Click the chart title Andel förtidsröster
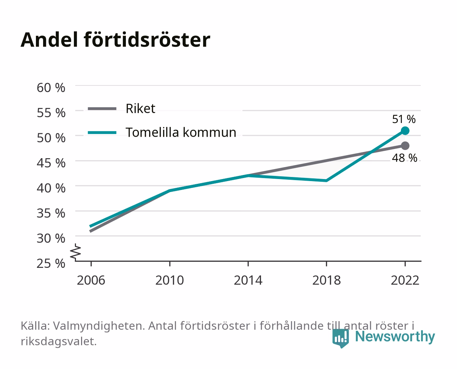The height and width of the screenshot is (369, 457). (x=115, y=40)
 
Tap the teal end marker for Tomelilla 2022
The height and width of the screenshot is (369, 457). (x=405, y=131)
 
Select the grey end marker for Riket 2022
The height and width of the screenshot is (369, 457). (x=405, y=146)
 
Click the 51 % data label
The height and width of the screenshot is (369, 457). (x=404, y=119)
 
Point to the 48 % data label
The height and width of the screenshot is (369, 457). (x=404, y=158)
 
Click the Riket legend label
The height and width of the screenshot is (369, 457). (x=140, y=108)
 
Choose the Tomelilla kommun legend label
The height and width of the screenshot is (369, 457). (x=181, y=132)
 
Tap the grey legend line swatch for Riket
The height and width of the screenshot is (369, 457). (x=102, y=109)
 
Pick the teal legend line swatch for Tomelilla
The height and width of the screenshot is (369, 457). (x=102, y=133)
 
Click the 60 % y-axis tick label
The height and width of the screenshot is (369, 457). (x=51, y=88)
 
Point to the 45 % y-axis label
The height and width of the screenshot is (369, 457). (x=51, y=163)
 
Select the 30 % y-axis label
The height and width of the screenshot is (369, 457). (x=51, y=238)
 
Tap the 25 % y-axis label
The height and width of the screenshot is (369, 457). (x=51, y=263)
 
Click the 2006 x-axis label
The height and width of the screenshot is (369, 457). (x=91, y=280)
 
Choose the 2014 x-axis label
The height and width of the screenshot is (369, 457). (x=248, y=280)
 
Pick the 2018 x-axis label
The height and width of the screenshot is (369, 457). (x=326, y=280)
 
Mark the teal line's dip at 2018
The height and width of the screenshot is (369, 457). (x=326, y=181)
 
